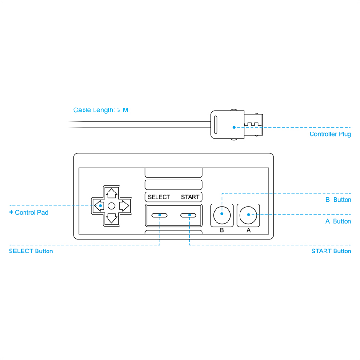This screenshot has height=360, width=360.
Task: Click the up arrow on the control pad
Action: coord(111,193)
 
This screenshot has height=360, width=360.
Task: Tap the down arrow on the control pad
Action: coord(111,218)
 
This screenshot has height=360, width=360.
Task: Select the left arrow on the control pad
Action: coord(99,206)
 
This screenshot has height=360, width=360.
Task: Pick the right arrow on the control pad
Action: coord(124,206)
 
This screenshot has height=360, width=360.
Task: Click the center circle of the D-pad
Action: coord(111,206)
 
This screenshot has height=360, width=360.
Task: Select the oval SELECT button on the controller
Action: coord(159,215)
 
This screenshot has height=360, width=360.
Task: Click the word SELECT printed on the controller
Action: coord(159,197)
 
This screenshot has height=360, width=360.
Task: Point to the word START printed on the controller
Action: coord(190,197)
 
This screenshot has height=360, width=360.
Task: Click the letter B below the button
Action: coord(222,230)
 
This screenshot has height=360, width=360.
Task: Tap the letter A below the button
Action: coord(248,230)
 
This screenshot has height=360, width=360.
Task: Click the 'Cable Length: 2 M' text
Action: coord(101,110)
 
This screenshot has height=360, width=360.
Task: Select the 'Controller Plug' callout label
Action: coord(330,134)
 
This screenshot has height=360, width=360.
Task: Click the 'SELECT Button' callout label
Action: coord(31,251)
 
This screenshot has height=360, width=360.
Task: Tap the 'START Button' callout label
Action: coord(331,251)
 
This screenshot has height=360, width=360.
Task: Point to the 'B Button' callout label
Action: coord(338,200)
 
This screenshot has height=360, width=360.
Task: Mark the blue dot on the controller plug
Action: coord(234,127)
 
